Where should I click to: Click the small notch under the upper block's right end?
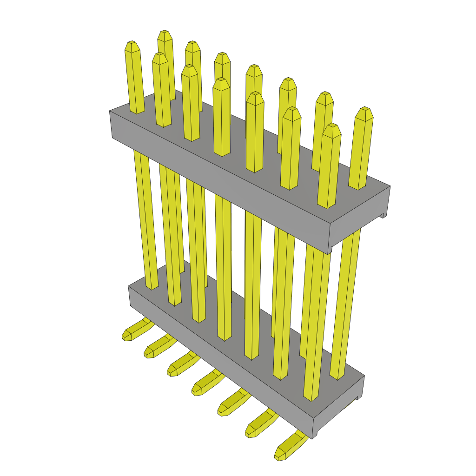pos(382,216)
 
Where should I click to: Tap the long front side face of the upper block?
pos(218,181)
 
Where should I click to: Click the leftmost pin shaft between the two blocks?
pos(145,218)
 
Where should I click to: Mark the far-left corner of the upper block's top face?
pos(110,111)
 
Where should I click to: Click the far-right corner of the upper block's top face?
pos(390,186)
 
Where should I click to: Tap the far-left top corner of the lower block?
pos(129,285)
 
